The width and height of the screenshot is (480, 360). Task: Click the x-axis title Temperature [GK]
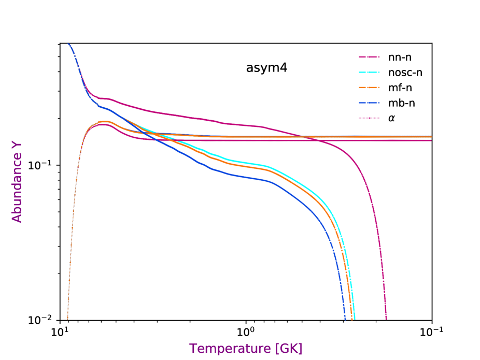pos(245,348)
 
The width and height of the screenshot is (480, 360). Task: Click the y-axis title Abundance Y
pos(17,181)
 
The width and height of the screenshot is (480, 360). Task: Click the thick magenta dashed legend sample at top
pos(369,56)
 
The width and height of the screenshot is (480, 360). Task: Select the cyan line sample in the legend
pos(369,72)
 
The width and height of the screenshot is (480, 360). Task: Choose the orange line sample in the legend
pos(369,88)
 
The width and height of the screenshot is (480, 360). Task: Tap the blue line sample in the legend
pos(369,103)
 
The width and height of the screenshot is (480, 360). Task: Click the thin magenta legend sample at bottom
pos(369,118)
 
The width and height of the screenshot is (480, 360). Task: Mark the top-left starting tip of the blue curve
pos(68,44)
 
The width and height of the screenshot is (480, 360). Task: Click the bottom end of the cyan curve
pos(355,319)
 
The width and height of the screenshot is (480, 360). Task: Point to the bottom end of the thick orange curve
pos(351,319)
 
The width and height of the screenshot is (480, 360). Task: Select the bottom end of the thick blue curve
pos(345,319)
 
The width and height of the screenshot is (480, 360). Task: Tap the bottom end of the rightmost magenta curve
pos(386,319)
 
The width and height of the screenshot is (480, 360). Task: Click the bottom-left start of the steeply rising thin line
pos(67,318)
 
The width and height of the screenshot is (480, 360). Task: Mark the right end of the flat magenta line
pos(431,140)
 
